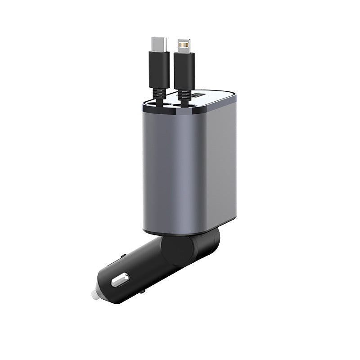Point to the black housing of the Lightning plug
coord(183,70)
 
